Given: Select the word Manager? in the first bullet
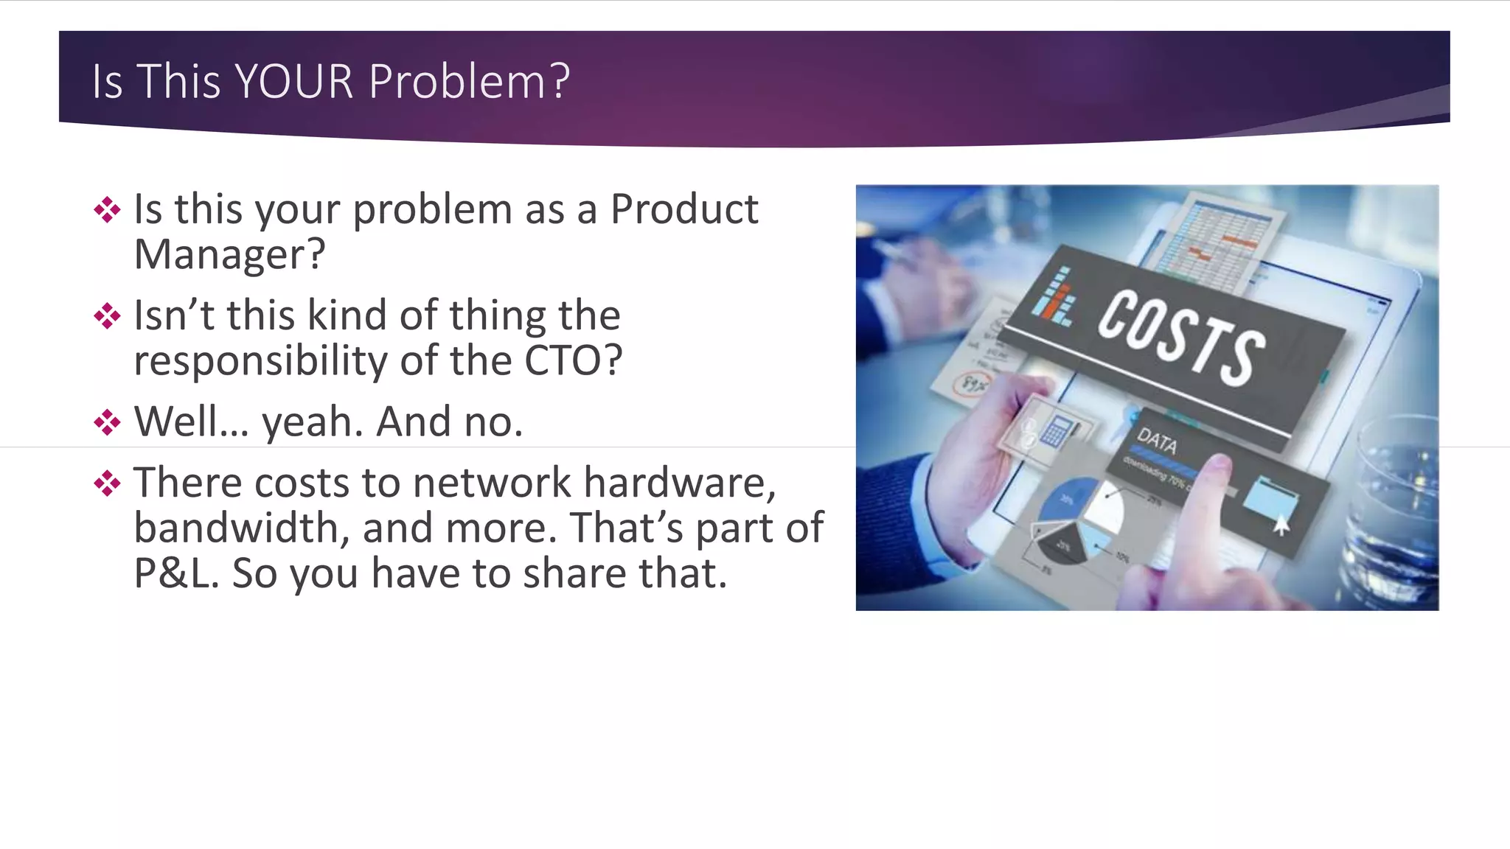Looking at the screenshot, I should pos(229,255).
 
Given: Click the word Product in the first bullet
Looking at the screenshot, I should pos(684,209).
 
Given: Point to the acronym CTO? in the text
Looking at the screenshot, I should pos(574,361).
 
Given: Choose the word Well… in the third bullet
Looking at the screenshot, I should pos(192,422).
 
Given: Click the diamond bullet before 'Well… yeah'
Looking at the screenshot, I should pos(108,423).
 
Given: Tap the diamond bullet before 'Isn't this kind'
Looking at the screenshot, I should pos(108,317).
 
